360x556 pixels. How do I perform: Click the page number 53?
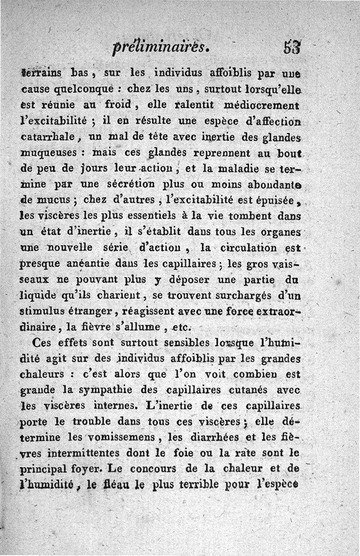pyautogui.click(x=292, y=47)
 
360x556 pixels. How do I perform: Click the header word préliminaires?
pyautogui.click(x=159, y=47)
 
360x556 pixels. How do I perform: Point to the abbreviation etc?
pyautogui.click(x=183, y=326)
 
